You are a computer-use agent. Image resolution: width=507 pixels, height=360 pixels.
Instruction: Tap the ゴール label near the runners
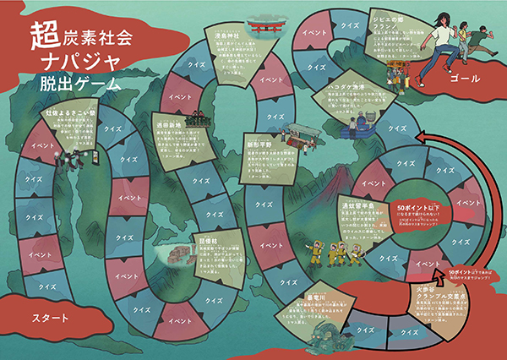(x=466, y=78)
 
